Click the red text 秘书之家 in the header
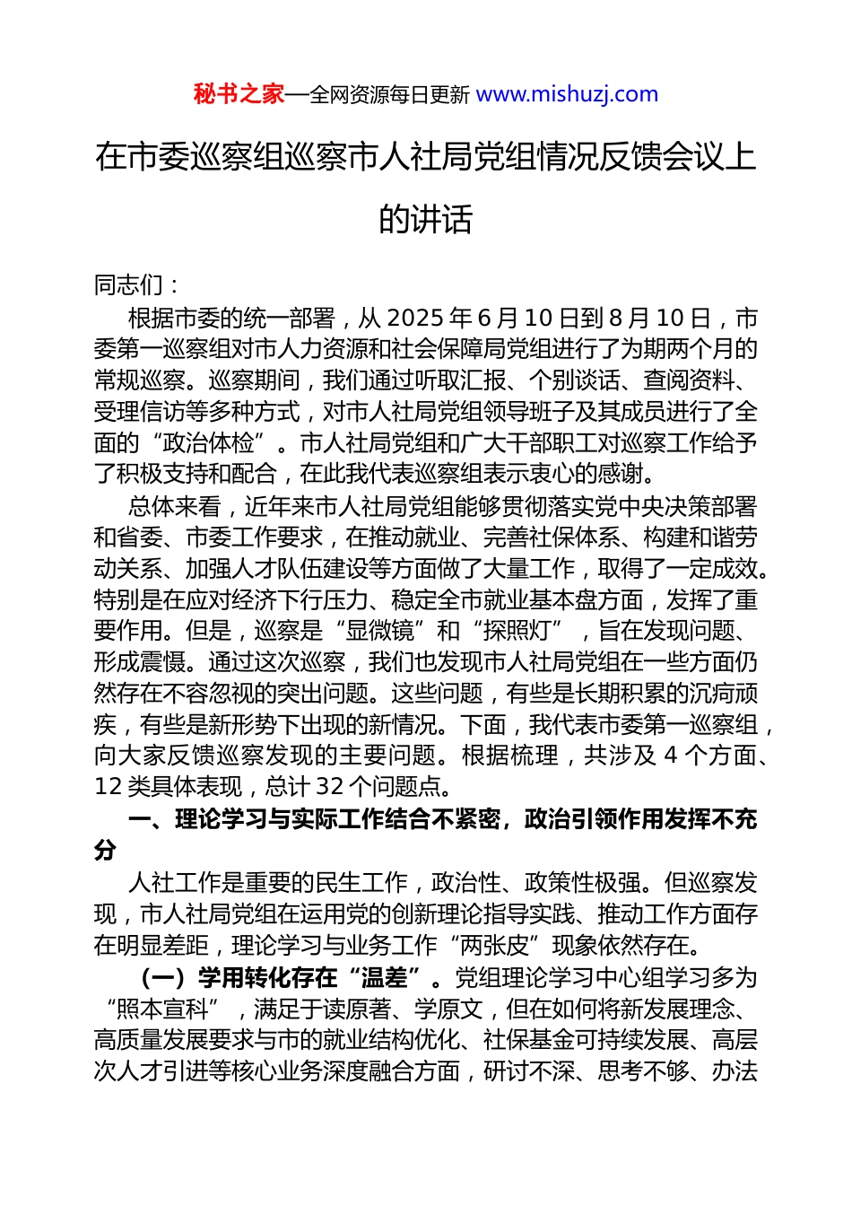point(239,94)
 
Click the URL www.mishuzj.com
point(567,94)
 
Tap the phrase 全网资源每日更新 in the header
point(389,95)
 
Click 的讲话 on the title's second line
point(425,219)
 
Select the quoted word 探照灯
point(520,631)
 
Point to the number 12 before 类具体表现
point(109,787)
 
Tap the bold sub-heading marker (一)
point(164,977)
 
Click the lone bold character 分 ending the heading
point(105,851)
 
